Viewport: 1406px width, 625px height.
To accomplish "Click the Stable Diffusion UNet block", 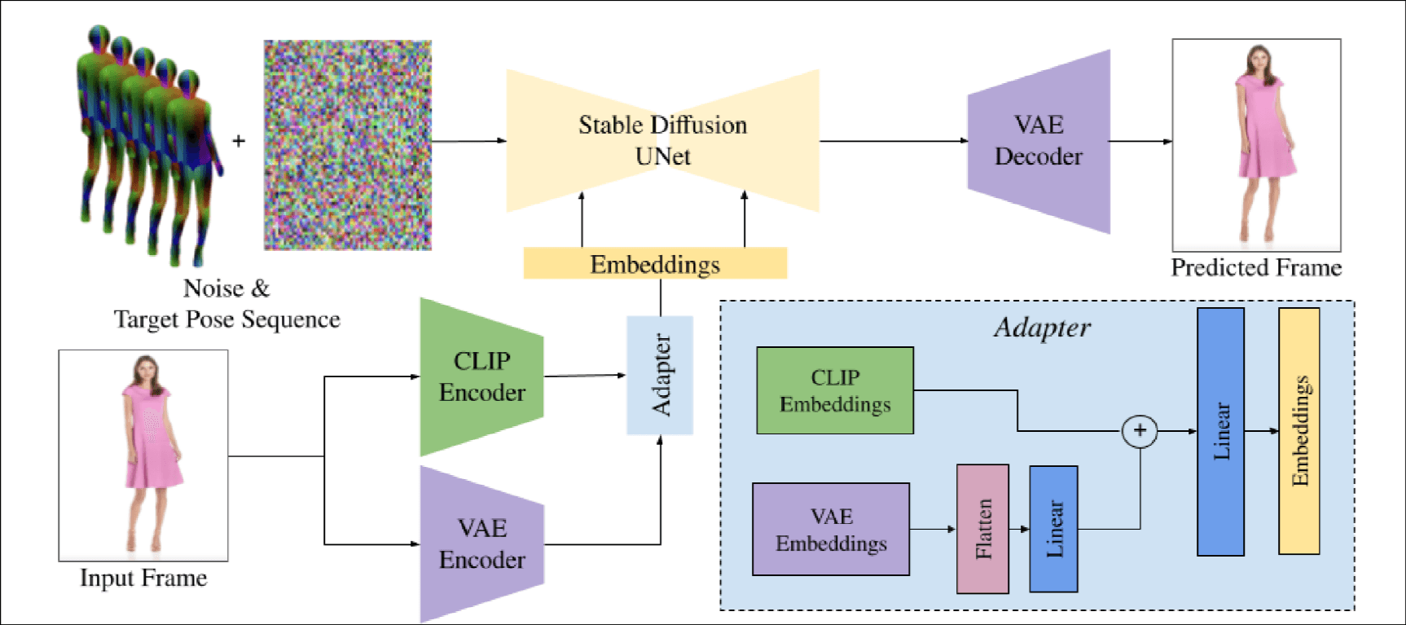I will (x=662, y=140).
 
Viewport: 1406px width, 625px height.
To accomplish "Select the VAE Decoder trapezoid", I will (x=1039, y=142).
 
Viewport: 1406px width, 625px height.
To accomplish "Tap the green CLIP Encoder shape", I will (x=481, y=376).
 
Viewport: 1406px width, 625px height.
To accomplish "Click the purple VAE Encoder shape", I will (x=481, y=544).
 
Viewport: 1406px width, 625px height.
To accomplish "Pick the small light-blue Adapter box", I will (x=660, y=375).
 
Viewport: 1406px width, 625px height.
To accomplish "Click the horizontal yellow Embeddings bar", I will (x=655, y=264).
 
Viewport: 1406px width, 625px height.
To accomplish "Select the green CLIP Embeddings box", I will (x=835, y=390).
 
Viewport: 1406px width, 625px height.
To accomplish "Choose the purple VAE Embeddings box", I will (x=831, y=530).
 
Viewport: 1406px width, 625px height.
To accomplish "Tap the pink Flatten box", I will (x=982, y=529).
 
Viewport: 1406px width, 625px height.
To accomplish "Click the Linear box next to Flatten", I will (x=1053, y=529).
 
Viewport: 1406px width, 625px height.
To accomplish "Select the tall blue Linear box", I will (x=1220, y=432).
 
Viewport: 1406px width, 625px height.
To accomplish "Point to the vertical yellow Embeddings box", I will (x=1299, y=431).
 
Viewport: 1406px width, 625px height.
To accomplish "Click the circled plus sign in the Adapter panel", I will (x=1140, y=431).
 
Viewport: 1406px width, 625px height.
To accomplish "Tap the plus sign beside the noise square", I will (x=239, y=141).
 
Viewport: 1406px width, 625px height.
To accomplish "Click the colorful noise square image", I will (x=348, y=145).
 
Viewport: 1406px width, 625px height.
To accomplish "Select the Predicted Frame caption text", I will (x=1256, y=267).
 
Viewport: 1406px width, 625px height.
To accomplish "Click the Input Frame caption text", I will (x=143, y=578).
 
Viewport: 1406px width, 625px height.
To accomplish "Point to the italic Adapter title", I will (x=1042, y=328).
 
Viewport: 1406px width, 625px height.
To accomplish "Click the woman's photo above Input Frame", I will (x=143, y=455).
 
